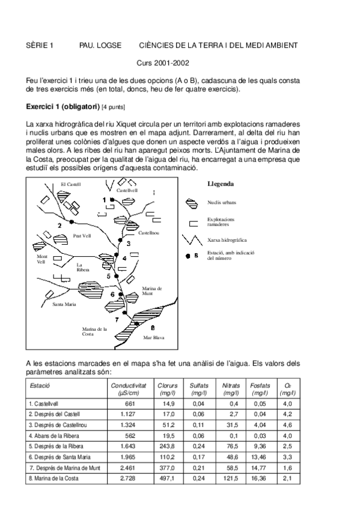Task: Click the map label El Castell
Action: point(71,185)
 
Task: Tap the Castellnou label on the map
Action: point(149,233)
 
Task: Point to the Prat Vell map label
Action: point(82,236)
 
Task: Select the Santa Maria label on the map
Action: point(64,304)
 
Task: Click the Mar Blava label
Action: point(154,337)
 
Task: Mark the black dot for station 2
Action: point(72,222)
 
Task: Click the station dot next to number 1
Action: point(111,200)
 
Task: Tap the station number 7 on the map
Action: point(117,320)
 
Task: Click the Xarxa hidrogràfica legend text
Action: point(227,240)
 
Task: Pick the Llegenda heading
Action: point(221,184)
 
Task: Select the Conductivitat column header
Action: point(129,389)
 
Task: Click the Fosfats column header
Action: point(260,389)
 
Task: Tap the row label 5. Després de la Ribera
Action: point(56,446)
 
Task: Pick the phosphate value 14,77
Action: point(258,468)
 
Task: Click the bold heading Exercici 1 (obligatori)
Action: point(63,106)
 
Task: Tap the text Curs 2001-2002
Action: point(163,63)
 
